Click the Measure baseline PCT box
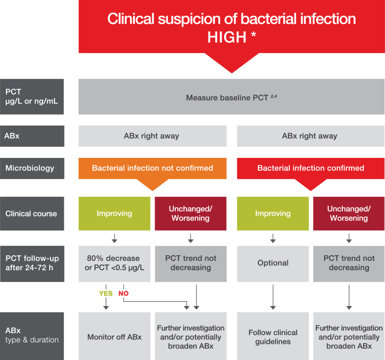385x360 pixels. click(231, 98)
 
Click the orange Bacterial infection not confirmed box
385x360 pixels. click(152, 168)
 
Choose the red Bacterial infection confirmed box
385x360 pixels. click(311, 168)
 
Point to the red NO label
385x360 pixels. click(123, 294)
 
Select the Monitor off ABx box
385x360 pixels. click(114, 337)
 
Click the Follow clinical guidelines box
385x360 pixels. click(273, 337)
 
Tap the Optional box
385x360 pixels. click(273, 263)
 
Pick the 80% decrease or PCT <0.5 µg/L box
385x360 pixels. click(114, 263)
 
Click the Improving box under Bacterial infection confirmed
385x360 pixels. click(273, 213)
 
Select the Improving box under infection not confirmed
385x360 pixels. click(114, 213)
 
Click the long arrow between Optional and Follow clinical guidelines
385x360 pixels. click(273, 296)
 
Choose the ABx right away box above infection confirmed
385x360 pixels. click(311, 136)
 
